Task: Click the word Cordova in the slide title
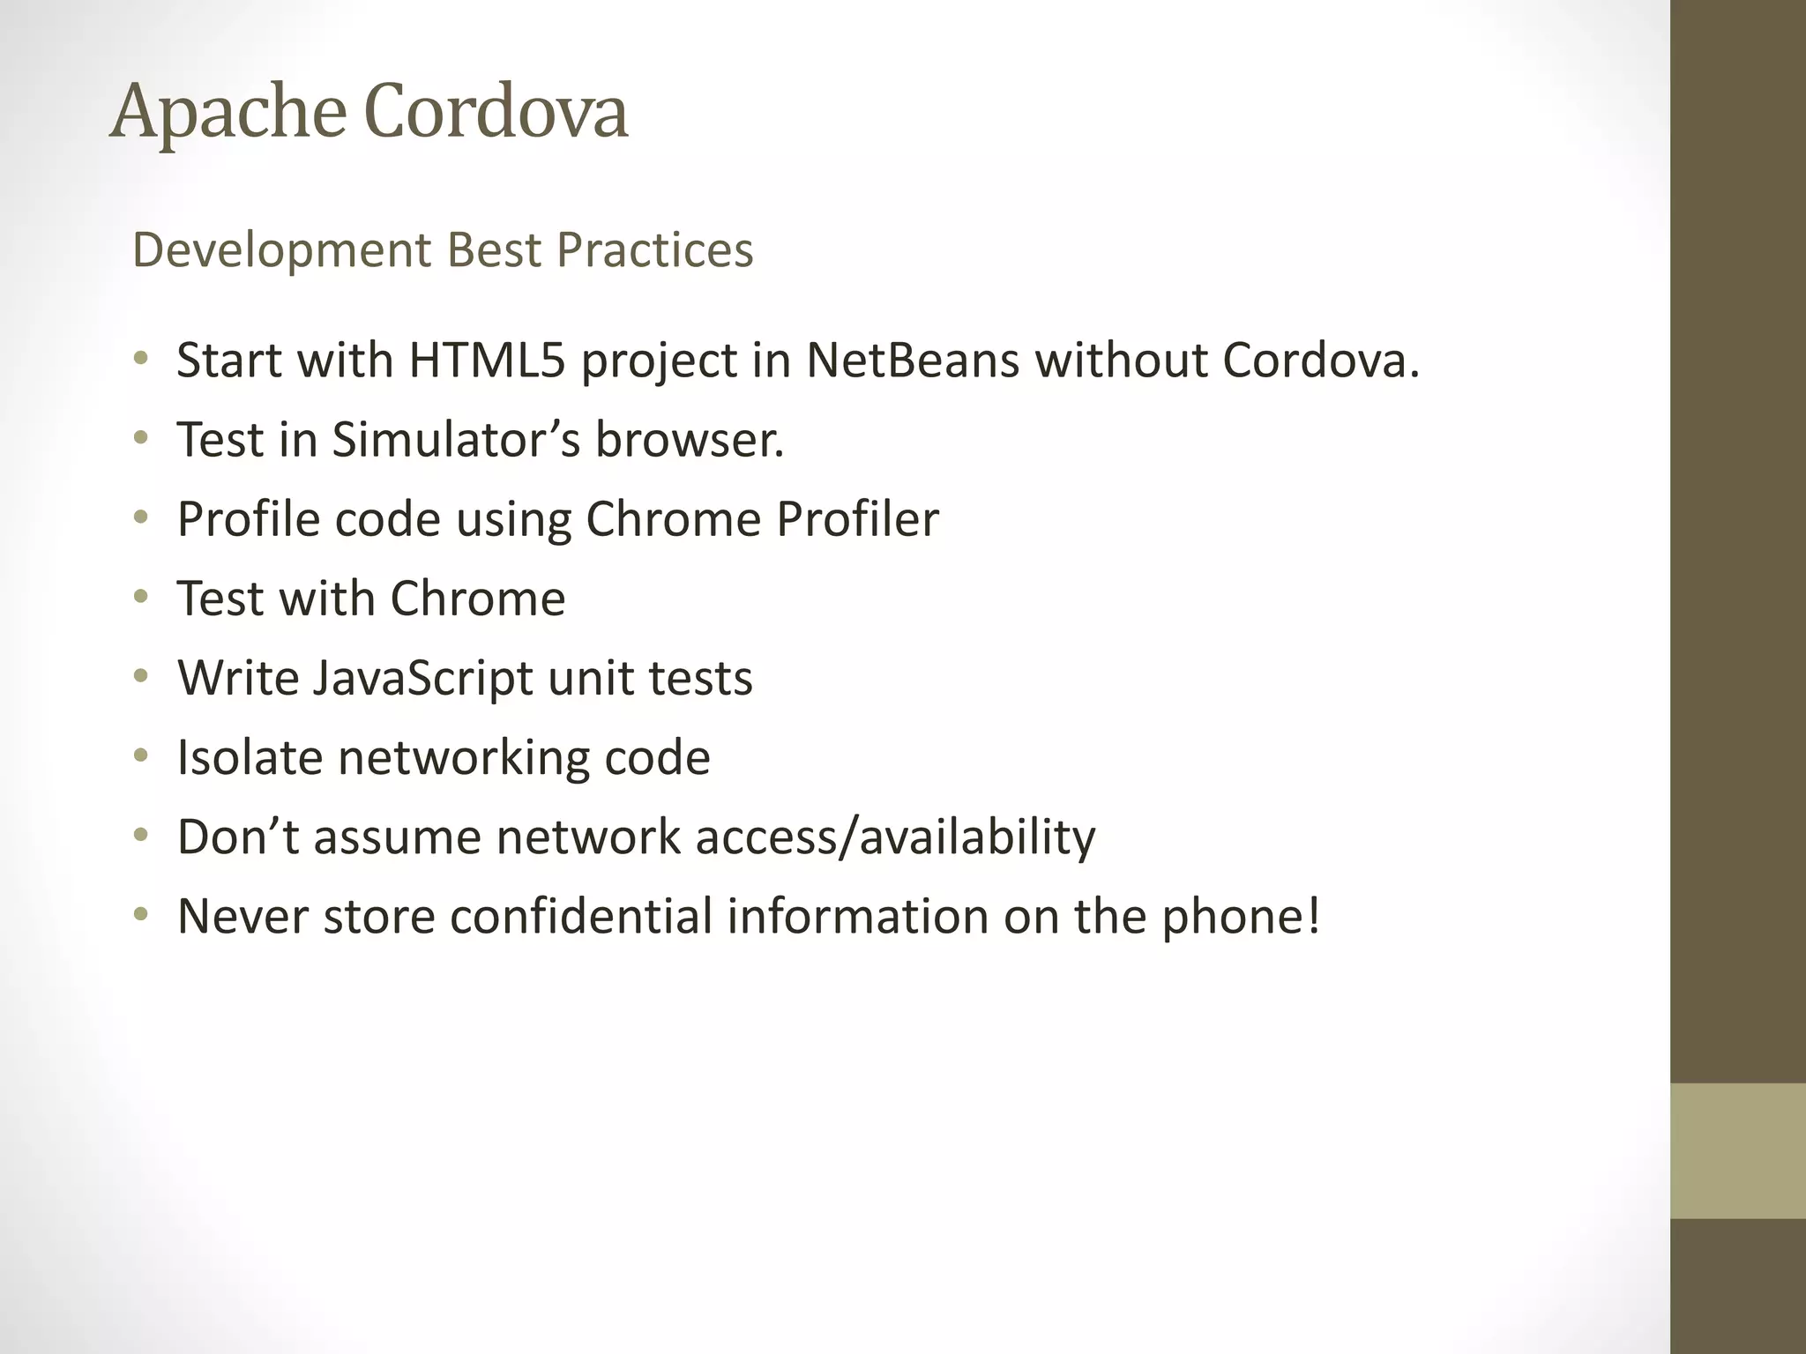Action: [x=496, y=113]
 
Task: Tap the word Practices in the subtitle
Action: [x=654, y=250]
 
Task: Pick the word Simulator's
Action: [x=456, y=440]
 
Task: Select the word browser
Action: [x=690, y=440]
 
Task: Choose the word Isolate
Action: [x=250, y=757]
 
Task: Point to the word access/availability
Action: [x=895, y=837]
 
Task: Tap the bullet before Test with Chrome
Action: [x=141, y=598]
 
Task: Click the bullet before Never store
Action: [x=141, y=915]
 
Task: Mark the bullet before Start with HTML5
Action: [x=141, y=360]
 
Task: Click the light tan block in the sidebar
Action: [x=1737, y=1150]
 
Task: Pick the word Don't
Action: [x=238, y=837]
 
